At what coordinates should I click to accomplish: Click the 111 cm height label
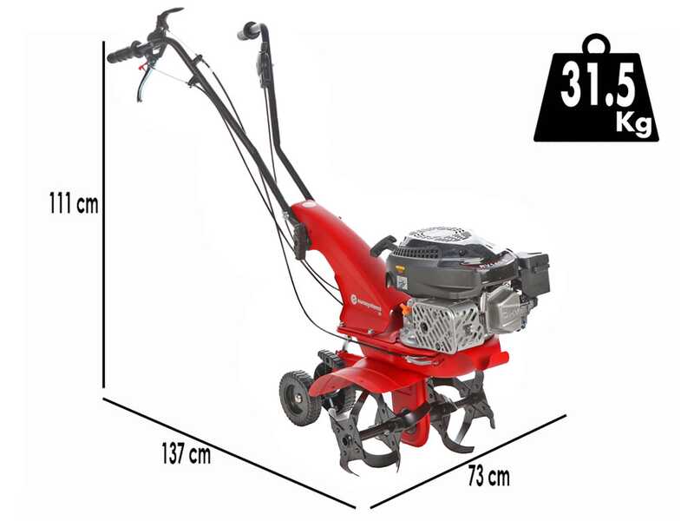[74, 205]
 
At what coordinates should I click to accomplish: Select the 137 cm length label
[186, 454]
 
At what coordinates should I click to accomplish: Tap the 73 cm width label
[488, 477]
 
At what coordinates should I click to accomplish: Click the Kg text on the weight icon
[632, 122]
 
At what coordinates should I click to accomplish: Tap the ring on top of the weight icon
[597, 43]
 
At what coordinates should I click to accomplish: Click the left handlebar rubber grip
[127, 52]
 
